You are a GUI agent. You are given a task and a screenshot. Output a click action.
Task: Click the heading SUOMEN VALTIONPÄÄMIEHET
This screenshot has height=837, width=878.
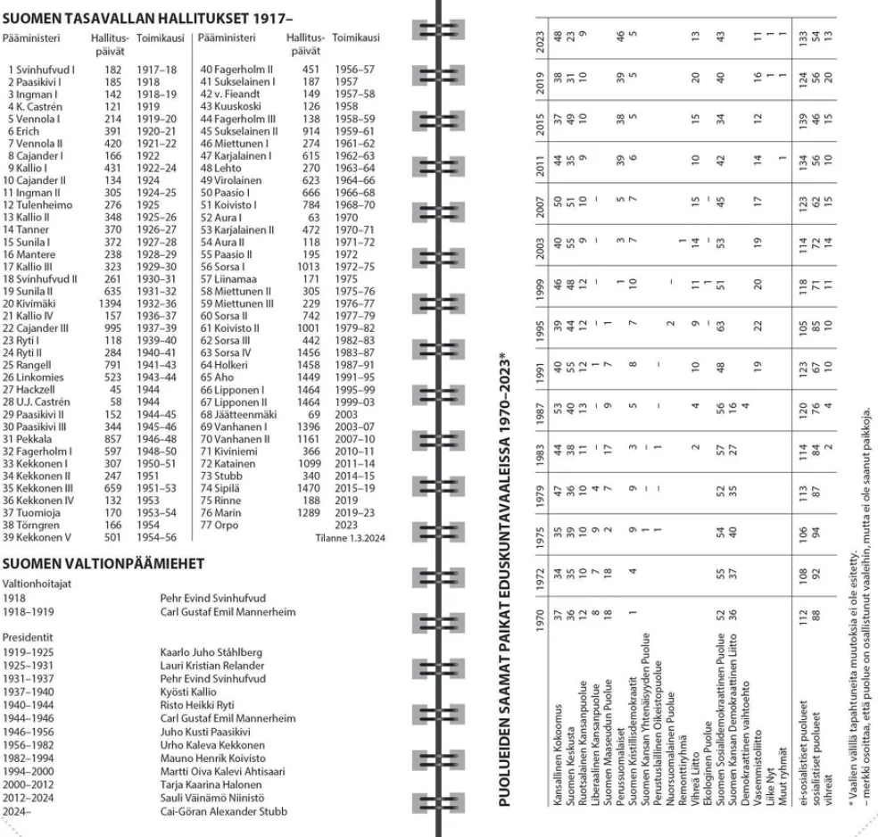pos(104,563)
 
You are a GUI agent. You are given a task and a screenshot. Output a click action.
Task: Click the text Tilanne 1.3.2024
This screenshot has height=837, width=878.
pos(348,539)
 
